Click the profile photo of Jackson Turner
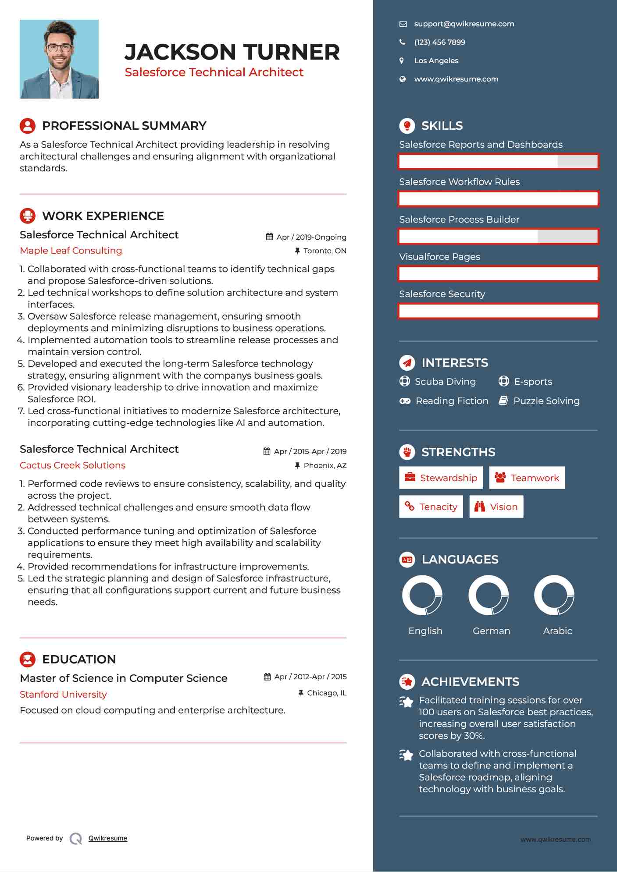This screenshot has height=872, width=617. pyautogui.click(x=59, y=59)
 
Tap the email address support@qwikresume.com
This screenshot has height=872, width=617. pyautogui.click(x=464, y=24)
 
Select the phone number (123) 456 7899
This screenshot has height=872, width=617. pyautogui.click(x=439, y=43)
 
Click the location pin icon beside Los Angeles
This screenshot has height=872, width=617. pyautogui.click(x=402, y=61)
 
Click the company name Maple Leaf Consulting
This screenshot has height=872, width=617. pyautogui.click(x=71, y=251)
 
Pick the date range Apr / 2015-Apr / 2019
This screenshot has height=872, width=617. pyautogui.click(x=310, y=451)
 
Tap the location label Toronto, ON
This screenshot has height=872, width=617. pyautogui.click(x=325, y=251)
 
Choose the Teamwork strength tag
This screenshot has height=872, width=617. pyautogui.click(x=527, y=478)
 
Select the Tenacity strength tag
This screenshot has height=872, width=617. pyautogui.click(x=431, y=507)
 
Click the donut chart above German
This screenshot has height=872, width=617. pyautogui.click(x=489, y=595)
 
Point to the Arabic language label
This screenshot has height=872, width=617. pyautogui.click(x=557, y=631)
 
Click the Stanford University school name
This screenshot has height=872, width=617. pyautogui.click(x=63, y=695)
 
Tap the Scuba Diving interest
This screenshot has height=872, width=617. pyautogui.click(x=445, y=382)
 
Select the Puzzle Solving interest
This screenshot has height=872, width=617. pyautogui.click(x=546, y=401)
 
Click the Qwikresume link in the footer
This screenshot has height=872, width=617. pyautogui.click(x=108, y=838)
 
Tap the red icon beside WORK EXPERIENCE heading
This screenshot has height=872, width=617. pyautogui.click(x=28, y=216)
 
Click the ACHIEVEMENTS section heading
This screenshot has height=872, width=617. pyautogui.click(x=470, y=682)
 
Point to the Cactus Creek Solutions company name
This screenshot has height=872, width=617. pyautogui.click(x=72, y=465)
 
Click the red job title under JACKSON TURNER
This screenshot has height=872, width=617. pyautogui.click(x=214, y=72)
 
